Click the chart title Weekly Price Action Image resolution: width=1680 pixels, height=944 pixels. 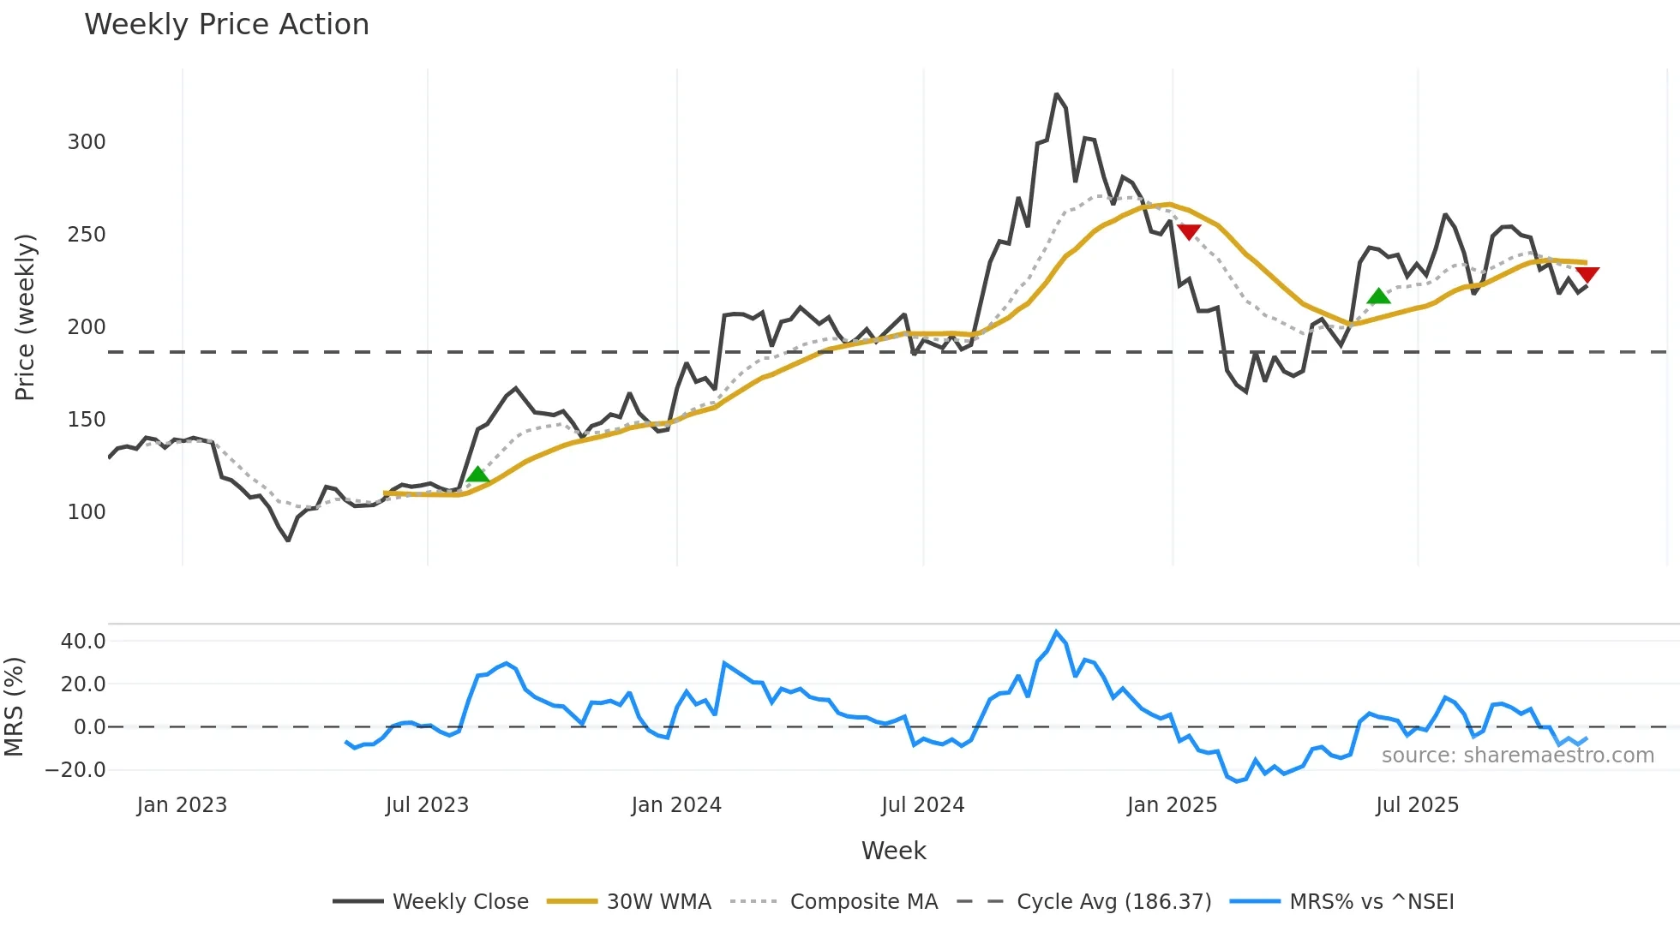coord(226,25)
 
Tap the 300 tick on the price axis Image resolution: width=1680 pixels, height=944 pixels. coord(87,142)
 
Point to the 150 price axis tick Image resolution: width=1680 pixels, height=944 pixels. coord(87,420)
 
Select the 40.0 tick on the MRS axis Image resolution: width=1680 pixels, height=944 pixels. coord(83,642)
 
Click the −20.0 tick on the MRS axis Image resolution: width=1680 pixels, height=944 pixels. coord(75,770)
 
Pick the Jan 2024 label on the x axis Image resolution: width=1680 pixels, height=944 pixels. coord(676,805)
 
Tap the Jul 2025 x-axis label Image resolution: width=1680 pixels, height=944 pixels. coord(1417,805)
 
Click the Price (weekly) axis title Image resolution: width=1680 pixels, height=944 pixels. coord(26,317)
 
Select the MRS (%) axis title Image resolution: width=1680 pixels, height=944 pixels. coord(15,707)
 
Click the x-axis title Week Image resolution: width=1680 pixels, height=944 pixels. coord(893,851)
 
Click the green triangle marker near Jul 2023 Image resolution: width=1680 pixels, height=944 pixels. coord(477,475)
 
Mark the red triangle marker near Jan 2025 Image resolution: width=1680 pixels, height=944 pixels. coord(1189,232)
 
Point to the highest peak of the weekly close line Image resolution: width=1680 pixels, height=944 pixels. coord(1056,94)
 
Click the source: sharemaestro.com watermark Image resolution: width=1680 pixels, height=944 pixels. coord(1517,756)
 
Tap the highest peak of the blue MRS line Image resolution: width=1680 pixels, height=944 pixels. coord(1056,632)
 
